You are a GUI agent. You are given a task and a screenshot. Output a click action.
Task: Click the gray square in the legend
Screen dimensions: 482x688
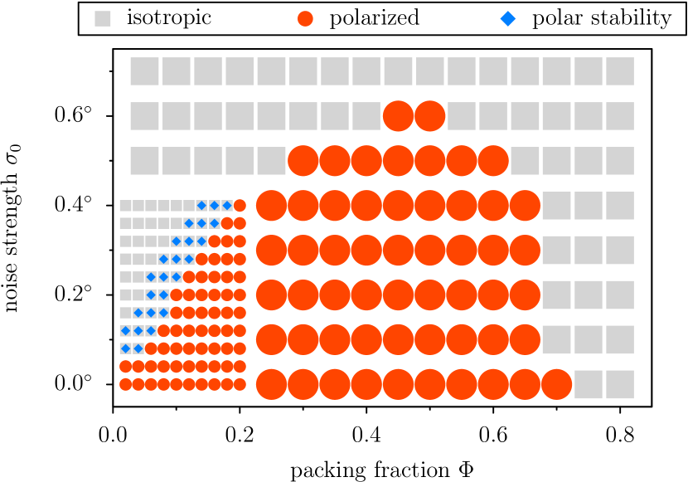[x=103, y=18]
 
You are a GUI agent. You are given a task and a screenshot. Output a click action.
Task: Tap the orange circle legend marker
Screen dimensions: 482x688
[x=305, y=18]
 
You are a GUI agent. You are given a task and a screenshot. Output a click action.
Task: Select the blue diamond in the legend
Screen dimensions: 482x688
[x=508, y=18]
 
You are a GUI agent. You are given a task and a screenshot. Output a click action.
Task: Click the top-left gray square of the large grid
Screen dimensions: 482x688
[x=145, y=71]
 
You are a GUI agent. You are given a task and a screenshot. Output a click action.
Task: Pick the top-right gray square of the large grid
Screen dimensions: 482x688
[x=620, y=71]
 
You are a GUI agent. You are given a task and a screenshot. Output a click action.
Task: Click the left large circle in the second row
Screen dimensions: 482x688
[x=398, y=116]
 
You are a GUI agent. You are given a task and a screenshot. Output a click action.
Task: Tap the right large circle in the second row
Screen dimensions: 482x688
[x=430, y=116]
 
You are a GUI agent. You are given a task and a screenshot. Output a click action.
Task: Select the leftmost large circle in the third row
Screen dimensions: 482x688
[x=303, y=161]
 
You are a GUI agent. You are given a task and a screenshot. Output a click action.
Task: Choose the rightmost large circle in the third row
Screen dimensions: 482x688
[x=493, y=161]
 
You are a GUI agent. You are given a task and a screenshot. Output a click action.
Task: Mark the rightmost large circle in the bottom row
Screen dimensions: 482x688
[x=557, y=384]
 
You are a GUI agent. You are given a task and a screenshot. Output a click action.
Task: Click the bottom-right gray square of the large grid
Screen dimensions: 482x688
[x=620, y=384]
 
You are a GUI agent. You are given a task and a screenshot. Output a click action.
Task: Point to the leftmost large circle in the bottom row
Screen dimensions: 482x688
[x=271, y=384]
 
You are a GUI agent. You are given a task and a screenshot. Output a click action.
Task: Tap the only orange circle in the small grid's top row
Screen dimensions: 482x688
[x=240, y=206]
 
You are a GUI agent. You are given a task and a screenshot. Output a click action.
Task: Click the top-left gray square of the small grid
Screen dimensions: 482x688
[x=126, y=206]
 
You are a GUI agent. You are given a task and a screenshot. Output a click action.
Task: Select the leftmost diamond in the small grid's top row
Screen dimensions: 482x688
[x=201, y=206]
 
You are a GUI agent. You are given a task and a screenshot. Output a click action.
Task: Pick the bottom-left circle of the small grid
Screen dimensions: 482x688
[x=126, y=384]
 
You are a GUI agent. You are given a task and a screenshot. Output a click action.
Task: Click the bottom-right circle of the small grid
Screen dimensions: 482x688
[x=240, y=384]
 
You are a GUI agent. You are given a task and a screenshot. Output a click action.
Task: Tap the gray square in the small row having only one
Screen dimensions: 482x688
[x=126, y=313]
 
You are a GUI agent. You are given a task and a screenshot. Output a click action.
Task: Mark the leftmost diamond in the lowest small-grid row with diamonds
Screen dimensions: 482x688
[x=126, y=348]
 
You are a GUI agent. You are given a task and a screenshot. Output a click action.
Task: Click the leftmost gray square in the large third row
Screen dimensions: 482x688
[x=145, y=161]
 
